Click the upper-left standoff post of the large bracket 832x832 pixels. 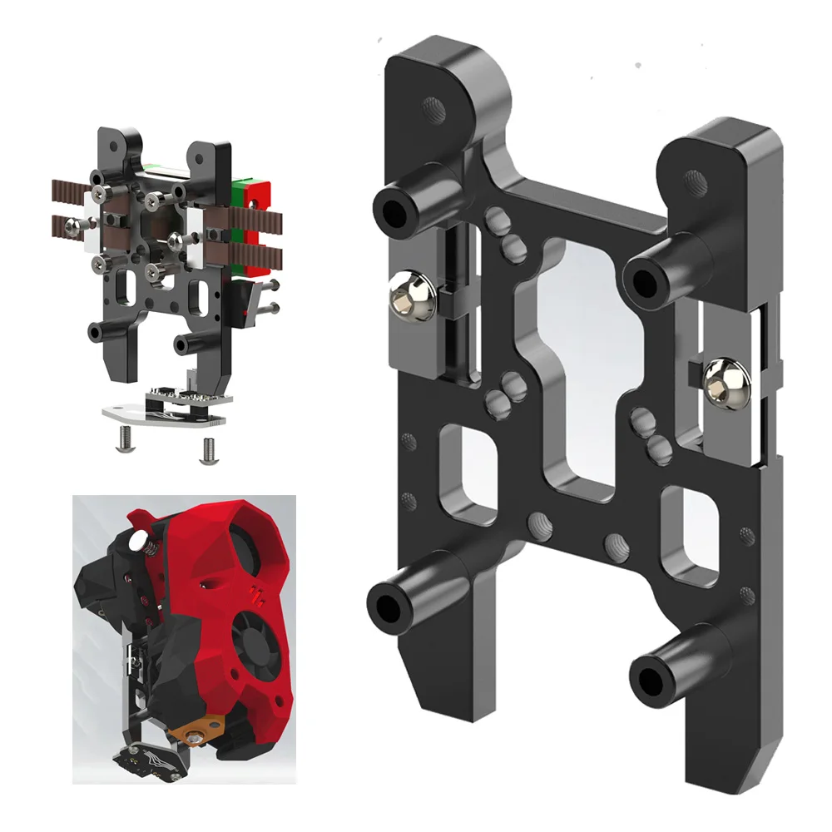[398, 208]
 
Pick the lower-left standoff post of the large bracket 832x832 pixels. [392, 602]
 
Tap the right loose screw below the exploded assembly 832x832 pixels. [206, 449]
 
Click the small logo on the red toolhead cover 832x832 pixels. [255, 592]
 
